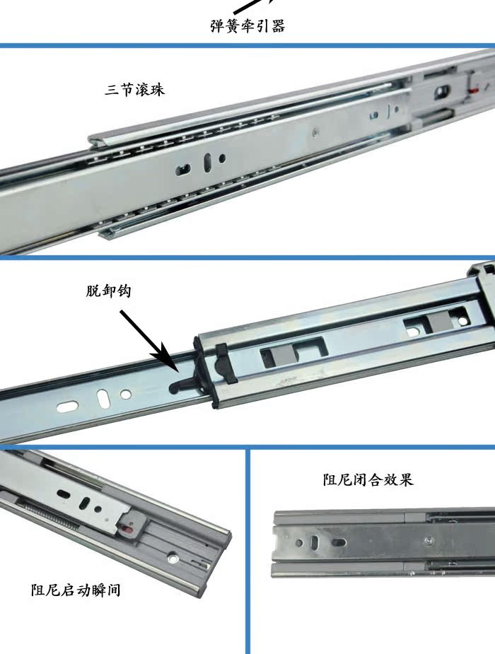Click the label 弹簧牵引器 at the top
click(x=248, y=26)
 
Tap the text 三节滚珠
click(x=135, y=90)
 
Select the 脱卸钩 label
click(x=109, y=291)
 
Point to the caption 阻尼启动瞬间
click(x=76, y=590)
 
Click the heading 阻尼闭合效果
click(x=368, y=479)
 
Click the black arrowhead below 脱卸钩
click(x=166, y=358)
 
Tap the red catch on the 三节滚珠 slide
click(x=472, y=90)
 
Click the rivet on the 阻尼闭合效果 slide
click(x=429, y=541)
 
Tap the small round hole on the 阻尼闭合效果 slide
click(x=299, y=542)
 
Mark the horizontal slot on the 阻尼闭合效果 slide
click(x=339, y=542)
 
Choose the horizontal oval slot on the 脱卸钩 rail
click(x=67, y=407)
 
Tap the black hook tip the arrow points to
click(x=175, y=386)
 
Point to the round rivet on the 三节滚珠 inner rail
click(x=315, y=133)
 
